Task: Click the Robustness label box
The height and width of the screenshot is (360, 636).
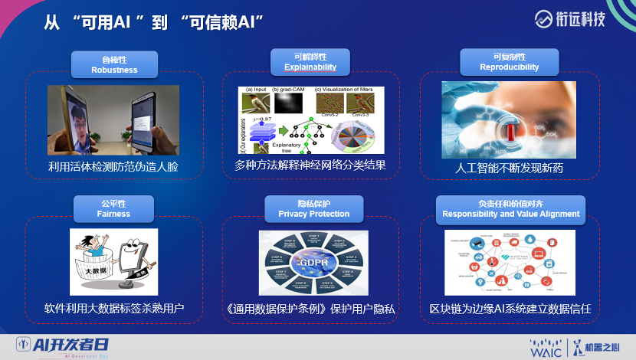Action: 114,64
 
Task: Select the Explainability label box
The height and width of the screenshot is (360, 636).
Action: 310,62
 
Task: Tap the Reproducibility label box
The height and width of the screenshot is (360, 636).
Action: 509,62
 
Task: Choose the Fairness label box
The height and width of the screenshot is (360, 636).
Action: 114,208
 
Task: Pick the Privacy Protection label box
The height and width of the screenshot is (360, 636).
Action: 312,208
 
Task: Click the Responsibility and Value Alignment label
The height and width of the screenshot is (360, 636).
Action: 510,208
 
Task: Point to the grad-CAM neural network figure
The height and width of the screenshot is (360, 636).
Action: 310,119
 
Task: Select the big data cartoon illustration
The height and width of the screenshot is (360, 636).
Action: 113,261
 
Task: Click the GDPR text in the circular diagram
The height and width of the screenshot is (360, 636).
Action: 313,260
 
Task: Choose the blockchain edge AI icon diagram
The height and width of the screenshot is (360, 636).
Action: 510,263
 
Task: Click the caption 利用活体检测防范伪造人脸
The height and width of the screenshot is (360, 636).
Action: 113,166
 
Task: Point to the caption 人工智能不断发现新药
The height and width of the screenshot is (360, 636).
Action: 510,168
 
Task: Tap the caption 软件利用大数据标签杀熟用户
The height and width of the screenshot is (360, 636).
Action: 113,309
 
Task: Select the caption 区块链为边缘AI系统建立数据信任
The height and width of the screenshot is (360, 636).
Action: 510,309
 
